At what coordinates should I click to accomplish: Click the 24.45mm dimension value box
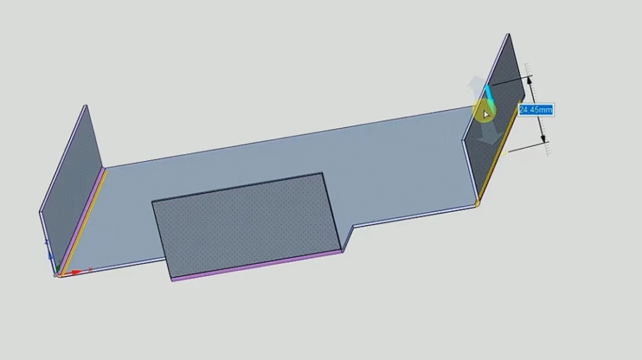[x=535, y=109]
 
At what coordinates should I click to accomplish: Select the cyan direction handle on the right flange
[x=488, y=95]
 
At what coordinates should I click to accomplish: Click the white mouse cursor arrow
[x=486, y=114]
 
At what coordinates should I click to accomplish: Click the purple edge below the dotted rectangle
[x=258, y=265]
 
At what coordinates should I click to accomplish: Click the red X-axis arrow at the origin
[x=76, y=272]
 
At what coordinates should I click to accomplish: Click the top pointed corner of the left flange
[x=85, y=107]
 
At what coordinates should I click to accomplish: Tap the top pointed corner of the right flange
[x=507, y=35]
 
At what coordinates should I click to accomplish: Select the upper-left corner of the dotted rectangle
[x=153, y=203]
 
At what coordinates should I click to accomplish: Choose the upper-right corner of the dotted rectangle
[x=322, y=174]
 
